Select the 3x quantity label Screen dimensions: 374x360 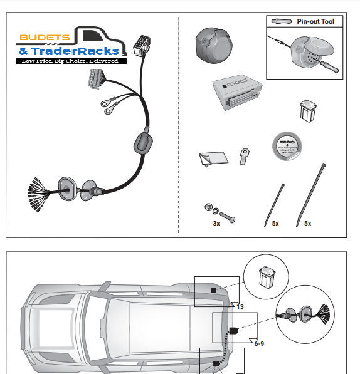coord(216,223)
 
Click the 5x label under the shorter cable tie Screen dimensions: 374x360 coord(275,223)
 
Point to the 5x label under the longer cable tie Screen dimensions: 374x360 coord(307,223)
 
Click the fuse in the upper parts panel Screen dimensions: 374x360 coord(308,110)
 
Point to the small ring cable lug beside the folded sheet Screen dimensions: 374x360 coord(243,155)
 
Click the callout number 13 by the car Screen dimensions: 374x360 coord(240,306)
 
